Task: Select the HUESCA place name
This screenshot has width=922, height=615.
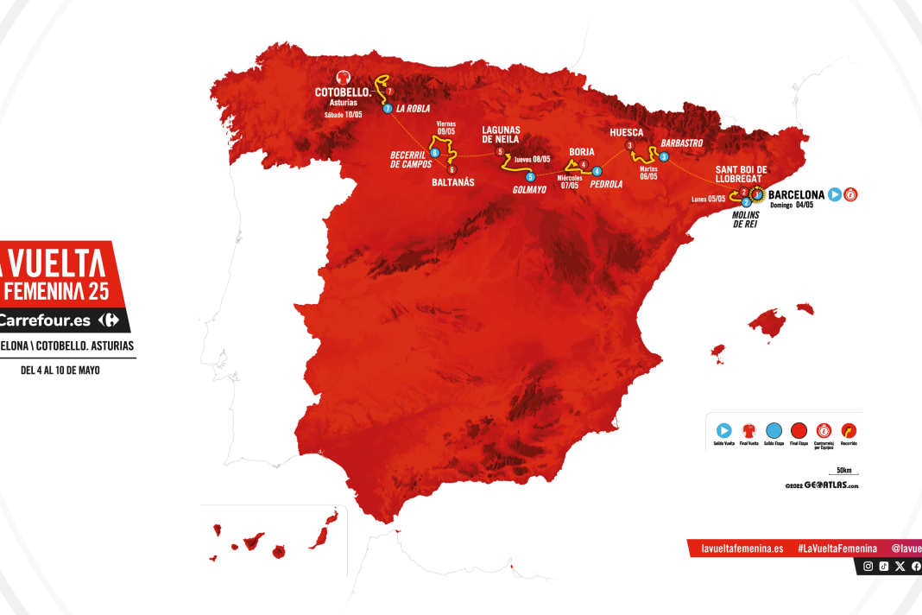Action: pyautogui.click(x=626, y=132)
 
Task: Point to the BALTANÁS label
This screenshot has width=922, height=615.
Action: pyautogui.click(x=453, y=182)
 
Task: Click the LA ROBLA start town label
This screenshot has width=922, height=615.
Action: pyautogui.click(x=414, y=110)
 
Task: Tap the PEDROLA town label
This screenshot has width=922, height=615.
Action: pyautogui.click(x=606, y=184)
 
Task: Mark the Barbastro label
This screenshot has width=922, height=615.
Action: pyautogui.click(x=682, y=142)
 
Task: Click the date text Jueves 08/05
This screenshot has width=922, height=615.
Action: pyautogui.click(x=531, y=158)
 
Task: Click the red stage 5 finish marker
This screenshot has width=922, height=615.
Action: pyautogui.click(x=500, y=152)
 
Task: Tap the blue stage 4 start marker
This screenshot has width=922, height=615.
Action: pyautogui.click(x=597, y=170)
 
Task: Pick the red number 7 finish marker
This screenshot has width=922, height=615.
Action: pyautogui.click(x=390, y=92)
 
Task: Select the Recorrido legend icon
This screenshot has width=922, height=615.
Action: pyautogui.click(x=849, y=429)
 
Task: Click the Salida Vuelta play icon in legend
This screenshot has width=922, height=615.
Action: pyautogui.click(x=723, y=429)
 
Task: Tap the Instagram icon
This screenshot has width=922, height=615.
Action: pyautogui.click(x=868, y=567)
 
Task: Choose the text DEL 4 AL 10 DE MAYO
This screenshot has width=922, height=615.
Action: pyautogui.click(x=60, y=371)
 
